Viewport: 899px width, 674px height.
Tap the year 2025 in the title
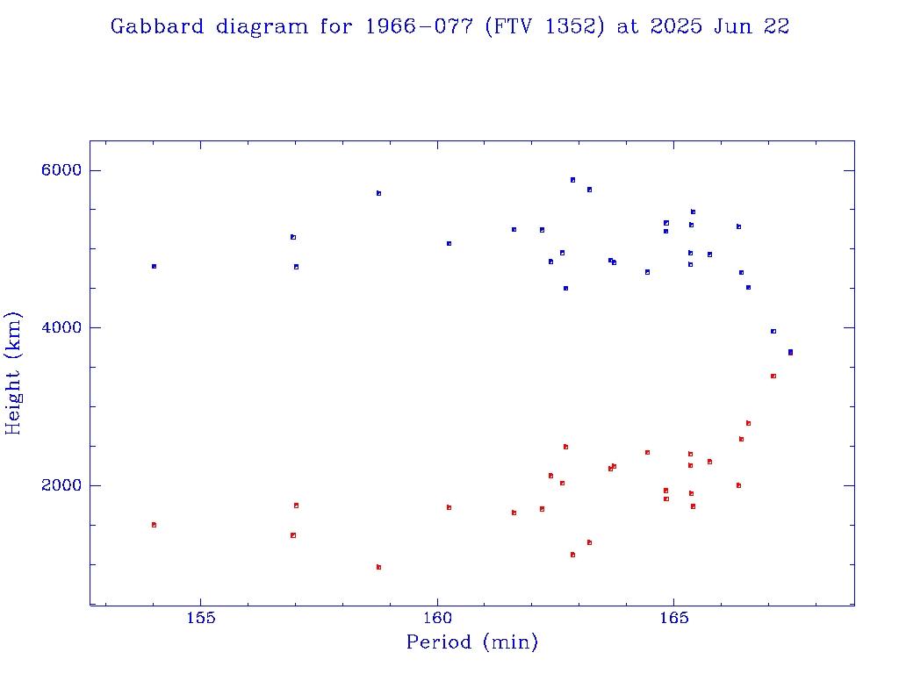[676, 27]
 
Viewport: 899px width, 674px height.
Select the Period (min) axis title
[472, 642]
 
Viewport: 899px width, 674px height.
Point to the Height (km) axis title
[13, 372]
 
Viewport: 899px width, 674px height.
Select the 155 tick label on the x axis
[202, 617]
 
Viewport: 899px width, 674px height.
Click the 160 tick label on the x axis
[437, 617]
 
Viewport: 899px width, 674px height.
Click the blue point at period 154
[154, 266]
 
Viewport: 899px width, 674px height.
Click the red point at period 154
[154, 525]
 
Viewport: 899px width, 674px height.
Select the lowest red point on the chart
[378, 567]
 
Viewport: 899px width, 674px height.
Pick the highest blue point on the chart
[572, 180]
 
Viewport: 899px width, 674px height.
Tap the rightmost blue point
[790, 352]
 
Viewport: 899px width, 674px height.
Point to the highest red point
[773, 376]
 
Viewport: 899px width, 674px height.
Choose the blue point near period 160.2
[449, 243]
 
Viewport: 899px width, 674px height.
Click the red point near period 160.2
[449, 507]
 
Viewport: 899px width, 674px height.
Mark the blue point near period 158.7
[378, 193]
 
